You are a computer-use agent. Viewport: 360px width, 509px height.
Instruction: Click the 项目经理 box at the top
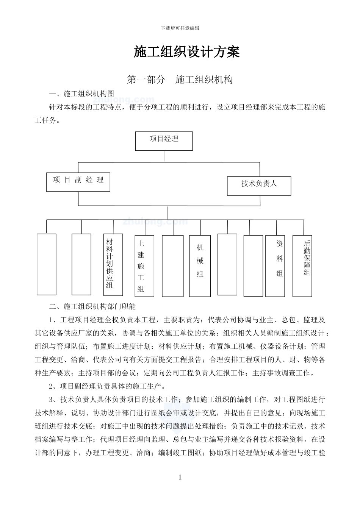point(164,141)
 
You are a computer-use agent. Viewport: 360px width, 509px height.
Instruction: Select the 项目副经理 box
point(78,182)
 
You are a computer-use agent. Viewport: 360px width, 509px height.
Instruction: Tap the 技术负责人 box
point(259,186)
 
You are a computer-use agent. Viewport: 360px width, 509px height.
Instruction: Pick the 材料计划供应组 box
point(113,264)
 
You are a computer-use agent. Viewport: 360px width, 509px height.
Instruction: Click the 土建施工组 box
point(144,266)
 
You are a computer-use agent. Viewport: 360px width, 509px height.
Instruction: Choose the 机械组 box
point(200,265)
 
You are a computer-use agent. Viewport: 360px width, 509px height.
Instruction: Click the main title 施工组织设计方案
point(186,52)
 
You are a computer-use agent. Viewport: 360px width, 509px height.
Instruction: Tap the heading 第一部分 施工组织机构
point(180,80)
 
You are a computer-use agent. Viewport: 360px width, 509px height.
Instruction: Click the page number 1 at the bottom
point(180,477)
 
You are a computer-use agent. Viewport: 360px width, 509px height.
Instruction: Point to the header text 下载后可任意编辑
point(180,28)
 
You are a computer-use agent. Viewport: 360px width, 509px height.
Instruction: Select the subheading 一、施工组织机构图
point(81,94)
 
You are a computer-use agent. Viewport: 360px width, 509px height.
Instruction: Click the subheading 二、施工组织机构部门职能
point(92,306)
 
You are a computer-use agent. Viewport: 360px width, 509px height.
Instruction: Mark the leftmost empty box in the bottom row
point(47,264)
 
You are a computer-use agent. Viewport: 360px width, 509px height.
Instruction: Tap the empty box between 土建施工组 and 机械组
point(173,265)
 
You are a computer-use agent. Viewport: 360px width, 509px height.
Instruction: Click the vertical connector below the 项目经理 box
point(164,156)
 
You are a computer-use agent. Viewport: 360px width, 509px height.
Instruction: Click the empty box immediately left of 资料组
point(253,266)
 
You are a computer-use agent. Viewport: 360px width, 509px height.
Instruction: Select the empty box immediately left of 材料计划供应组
point(81,264)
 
